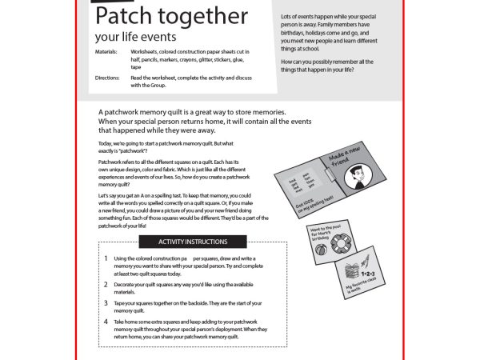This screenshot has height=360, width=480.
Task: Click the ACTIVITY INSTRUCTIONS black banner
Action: [192, 242]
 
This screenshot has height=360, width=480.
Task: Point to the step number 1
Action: [106, 259]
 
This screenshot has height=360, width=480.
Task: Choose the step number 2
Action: [106, 284]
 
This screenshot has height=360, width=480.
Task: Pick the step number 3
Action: [106, 303]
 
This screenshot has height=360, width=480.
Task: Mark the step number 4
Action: [106, 322]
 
